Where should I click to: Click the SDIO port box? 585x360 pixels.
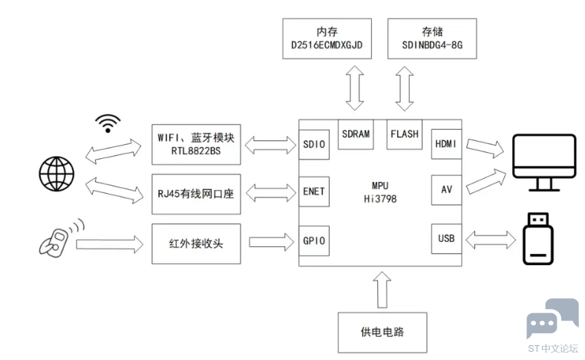314,145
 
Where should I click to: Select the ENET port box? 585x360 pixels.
314,192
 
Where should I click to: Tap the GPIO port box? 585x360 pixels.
314,240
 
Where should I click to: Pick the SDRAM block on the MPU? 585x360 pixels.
356,134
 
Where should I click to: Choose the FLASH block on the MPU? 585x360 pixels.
405,134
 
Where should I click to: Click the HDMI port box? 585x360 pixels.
446,144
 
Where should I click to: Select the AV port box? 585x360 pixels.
446,190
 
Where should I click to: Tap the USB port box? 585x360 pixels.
446,239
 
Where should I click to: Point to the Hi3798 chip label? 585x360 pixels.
380,199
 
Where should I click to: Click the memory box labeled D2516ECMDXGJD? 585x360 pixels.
327,39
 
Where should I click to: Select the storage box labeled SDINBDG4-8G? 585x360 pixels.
432,39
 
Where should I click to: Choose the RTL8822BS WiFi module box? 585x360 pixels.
196,145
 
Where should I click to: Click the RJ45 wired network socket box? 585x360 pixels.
196,194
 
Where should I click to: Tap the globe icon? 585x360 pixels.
56,174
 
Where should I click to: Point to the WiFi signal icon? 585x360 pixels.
108,123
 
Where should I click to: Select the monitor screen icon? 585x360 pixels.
544,163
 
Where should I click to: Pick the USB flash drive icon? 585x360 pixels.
537,239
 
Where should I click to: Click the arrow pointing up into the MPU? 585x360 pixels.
382,289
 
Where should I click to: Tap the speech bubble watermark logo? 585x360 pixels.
552,318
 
